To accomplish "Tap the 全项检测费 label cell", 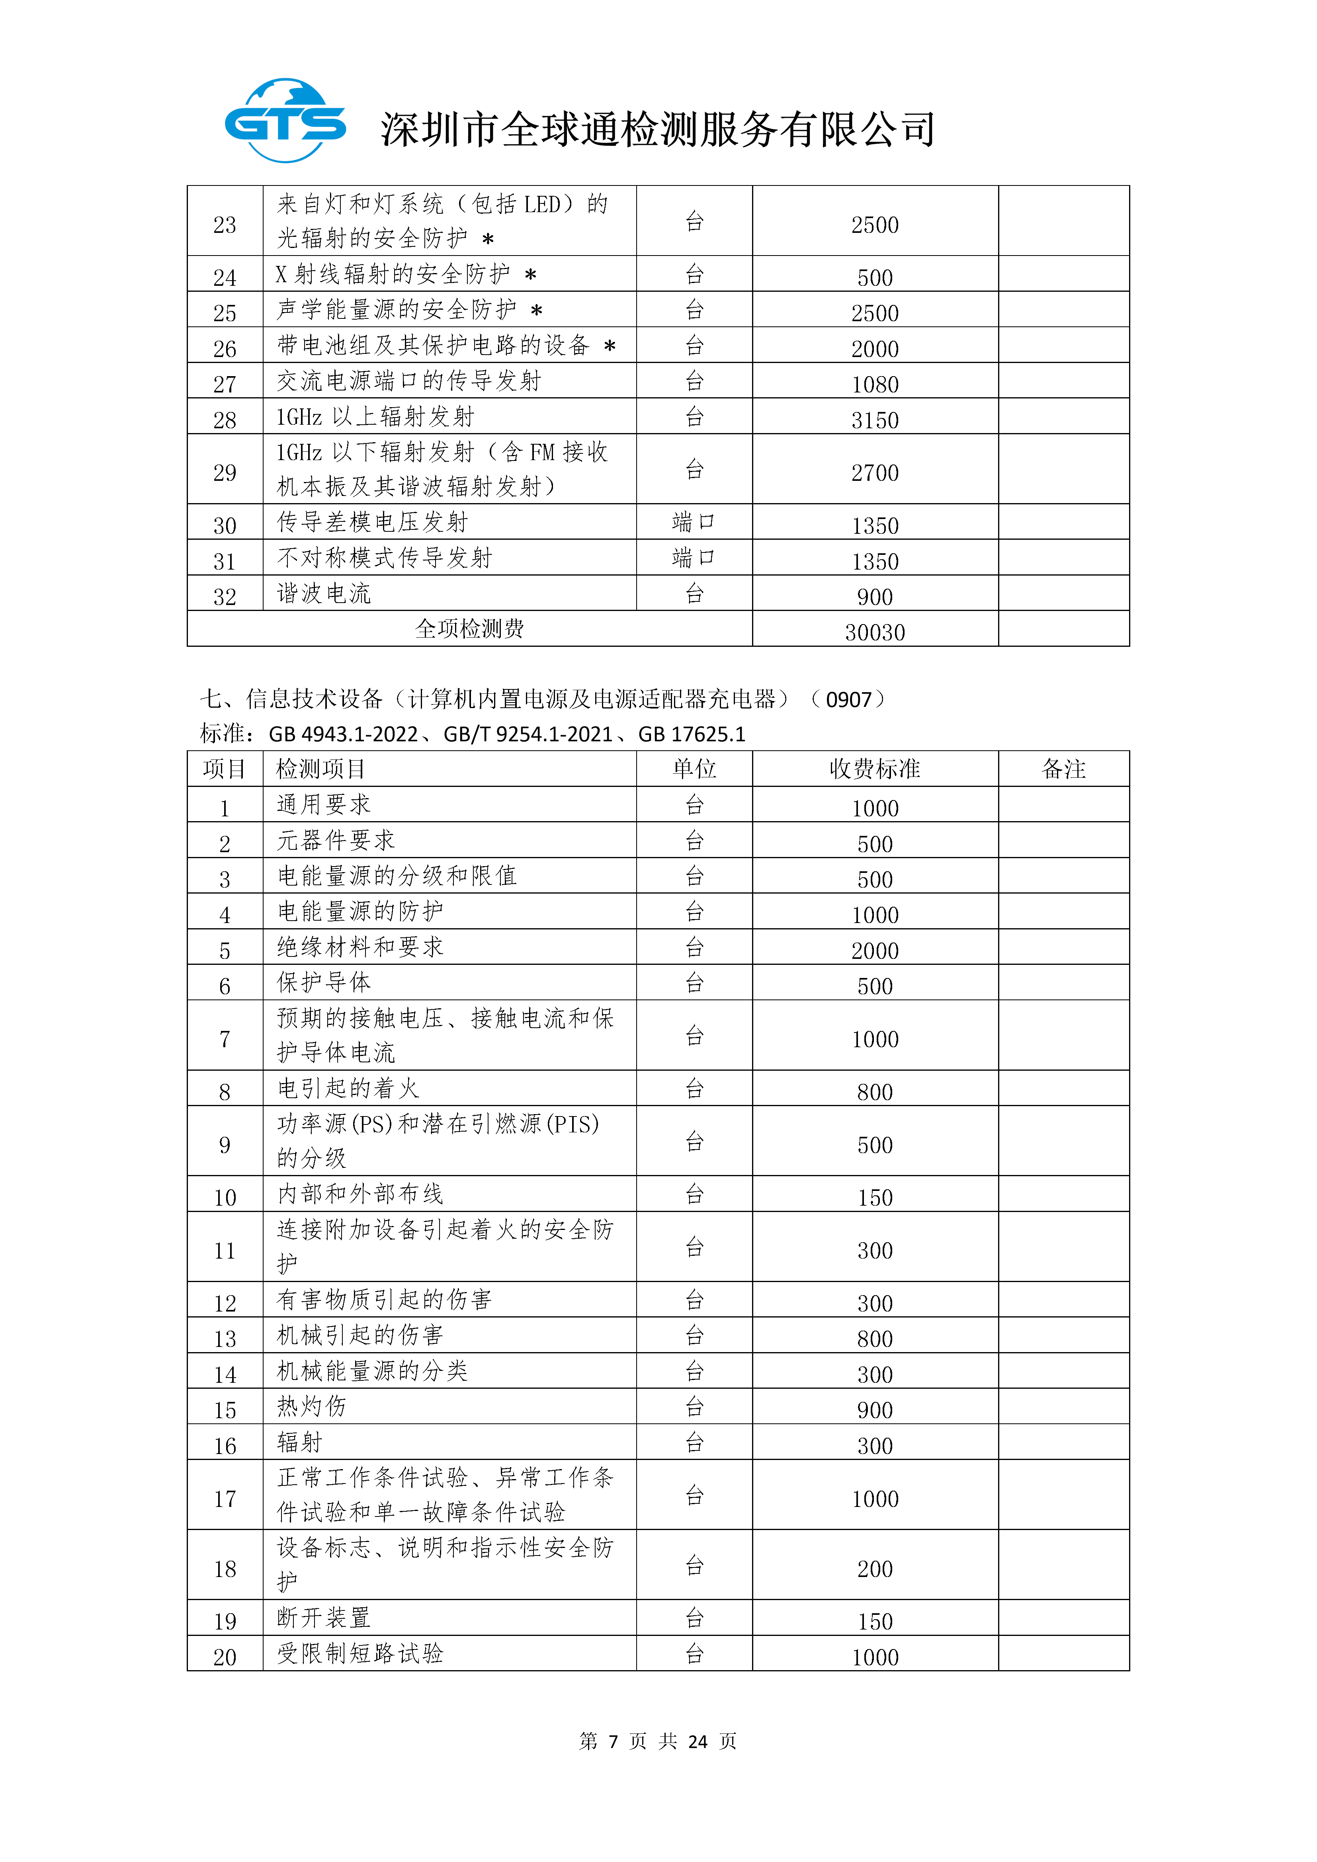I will click(469, 628).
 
